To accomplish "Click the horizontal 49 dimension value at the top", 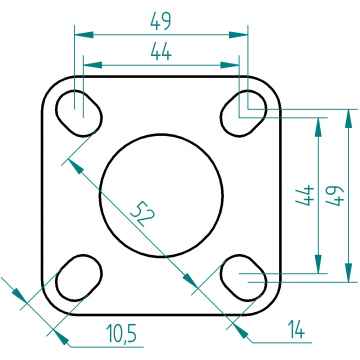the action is click(x=161, y=21).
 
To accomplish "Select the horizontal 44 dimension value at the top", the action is click(x=161, y=52).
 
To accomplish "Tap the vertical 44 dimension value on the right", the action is click(x=305, y=195).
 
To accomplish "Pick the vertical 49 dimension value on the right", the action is click(x=335, y=196).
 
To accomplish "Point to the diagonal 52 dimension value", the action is click(x=142, y=214).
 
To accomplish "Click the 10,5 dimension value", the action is click(x=121, y=333).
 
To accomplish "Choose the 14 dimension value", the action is click(x=296, y=329).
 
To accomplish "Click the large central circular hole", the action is click(x=161, y=135).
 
